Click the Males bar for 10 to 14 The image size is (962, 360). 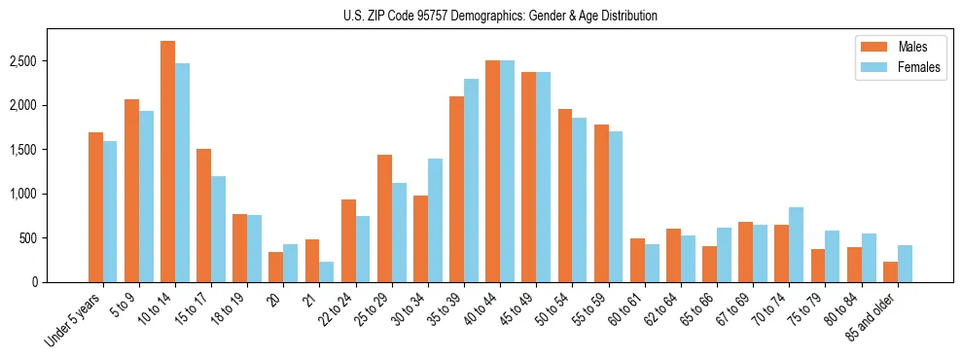pyautogui.click(x=167, y=162)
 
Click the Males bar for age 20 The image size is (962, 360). pyautogui.click(x=275, y=267)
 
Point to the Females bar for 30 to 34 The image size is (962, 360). pyautogui.click(x=435, y=220)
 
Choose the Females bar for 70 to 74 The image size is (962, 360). pyautogui.click(x=796, y=244)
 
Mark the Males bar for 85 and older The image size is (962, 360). pyautogui.click(x=890, y=271)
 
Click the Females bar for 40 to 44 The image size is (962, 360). pyautogui.click(x=507, y=171)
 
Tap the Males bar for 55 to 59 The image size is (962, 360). pyautogui.click(x=601, y=203)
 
